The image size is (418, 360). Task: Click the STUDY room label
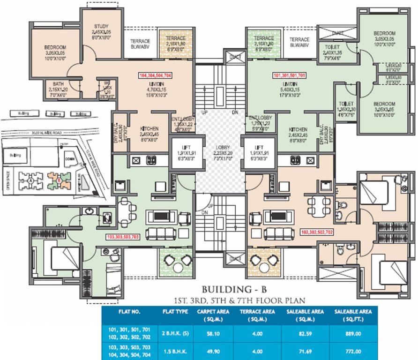click(x=101, y=26)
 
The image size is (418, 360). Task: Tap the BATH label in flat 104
click(x=58, y=83)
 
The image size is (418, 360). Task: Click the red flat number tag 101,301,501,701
click(x=289, y=75)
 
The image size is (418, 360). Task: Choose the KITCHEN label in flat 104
click(x=149, y=128)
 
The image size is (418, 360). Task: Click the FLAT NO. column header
click(x=123, y=311)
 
